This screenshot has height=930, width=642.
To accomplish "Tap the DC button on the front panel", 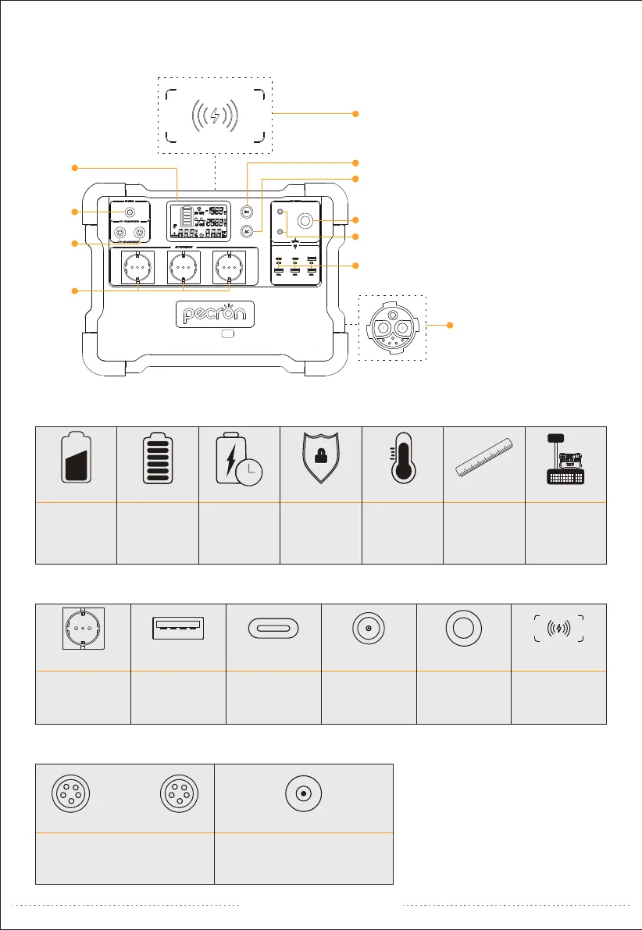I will pos(247,211).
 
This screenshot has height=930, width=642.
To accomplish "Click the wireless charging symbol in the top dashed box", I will pos(215,115).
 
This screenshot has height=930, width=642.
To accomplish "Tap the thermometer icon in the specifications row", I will pos(402,464).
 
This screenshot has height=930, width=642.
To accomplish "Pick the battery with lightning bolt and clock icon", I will pos(237,465).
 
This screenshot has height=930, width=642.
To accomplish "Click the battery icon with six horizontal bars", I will pos(156,465).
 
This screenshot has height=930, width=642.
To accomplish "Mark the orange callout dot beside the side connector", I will pos(448,325).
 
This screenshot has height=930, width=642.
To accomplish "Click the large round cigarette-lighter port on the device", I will pos(306,221).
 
